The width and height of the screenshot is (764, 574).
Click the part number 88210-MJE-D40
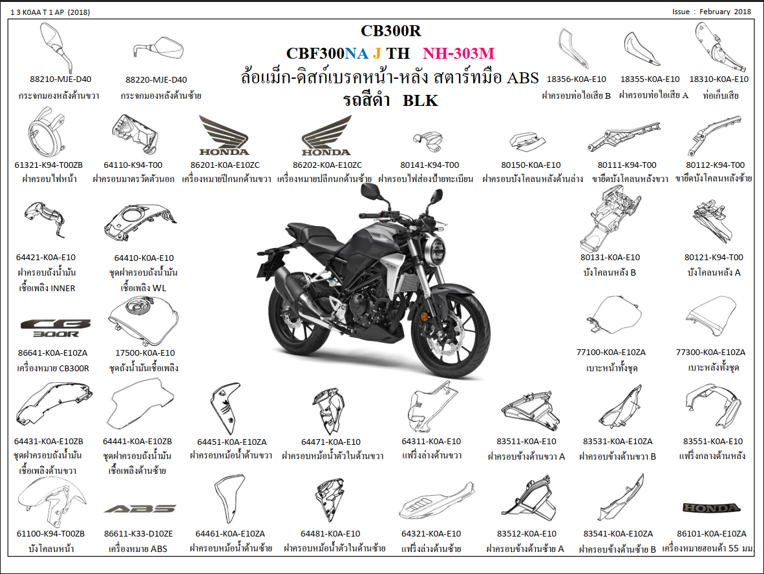(60, 79)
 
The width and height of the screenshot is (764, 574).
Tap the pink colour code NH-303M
(458, 53)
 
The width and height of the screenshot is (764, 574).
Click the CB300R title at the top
(391, 31)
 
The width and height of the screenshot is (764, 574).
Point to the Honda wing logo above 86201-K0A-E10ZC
(224, 136)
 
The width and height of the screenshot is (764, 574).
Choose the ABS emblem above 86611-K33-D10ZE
(140, 509)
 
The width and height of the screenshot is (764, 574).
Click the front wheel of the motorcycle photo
(451, 334)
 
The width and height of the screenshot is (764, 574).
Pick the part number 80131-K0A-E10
(610, 257)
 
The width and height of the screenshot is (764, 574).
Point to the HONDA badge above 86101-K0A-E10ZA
(712, 508)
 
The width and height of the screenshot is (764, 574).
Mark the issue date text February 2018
(725, 12)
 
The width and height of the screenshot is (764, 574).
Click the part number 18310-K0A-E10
(719, 79)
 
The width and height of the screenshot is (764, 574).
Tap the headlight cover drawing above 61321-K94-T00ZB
(47, 132)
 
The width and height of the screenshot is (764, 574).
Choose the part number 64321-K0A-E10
(430, 533)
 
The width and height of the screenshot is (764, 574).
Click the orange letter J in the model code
(377, 53)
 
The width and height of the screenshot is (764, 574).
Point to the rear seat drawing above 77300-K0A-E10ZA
(712, 316)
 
